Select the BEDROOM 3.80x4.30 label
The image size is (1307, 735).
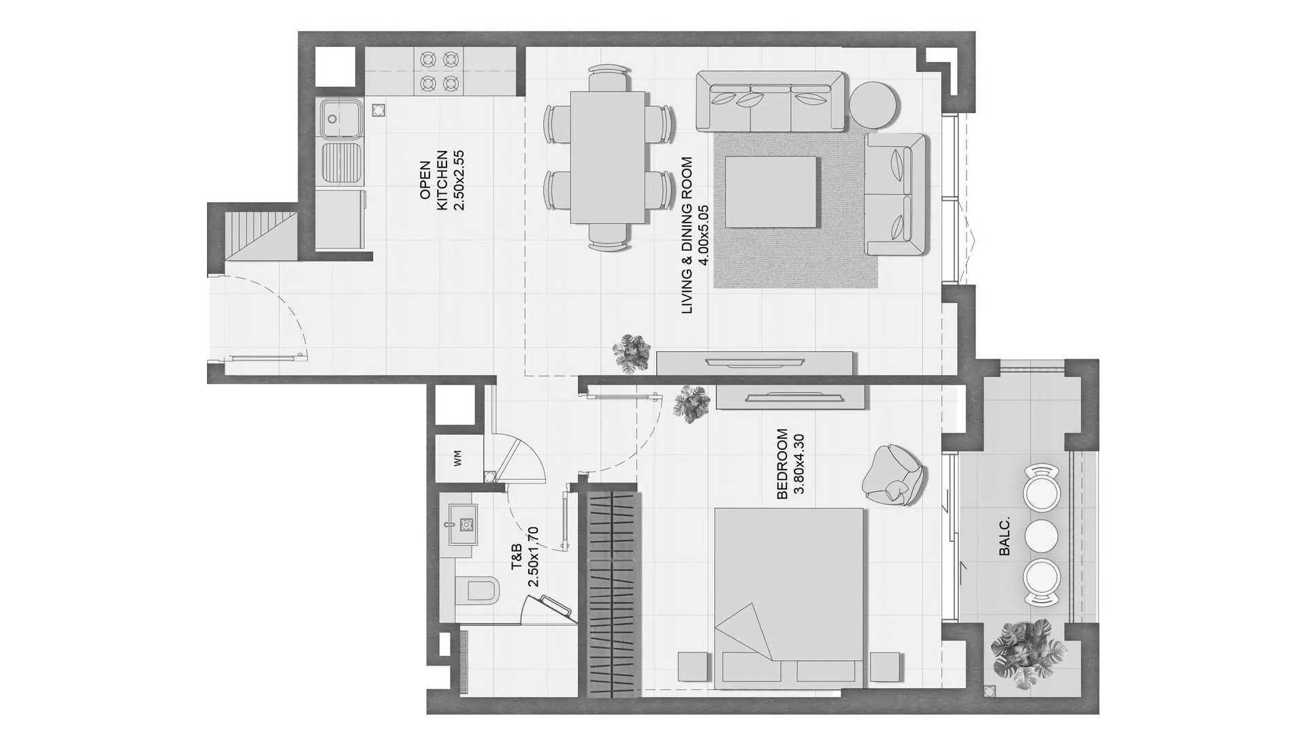point(790,464)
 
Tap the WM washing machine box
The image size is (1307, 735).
point(457,459)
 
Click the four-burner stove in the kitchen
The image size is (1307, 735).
point(438,71)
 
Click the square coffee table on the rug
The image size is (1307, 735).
point(770,192)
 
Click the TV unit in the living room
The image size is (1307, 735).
point(754,362)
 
